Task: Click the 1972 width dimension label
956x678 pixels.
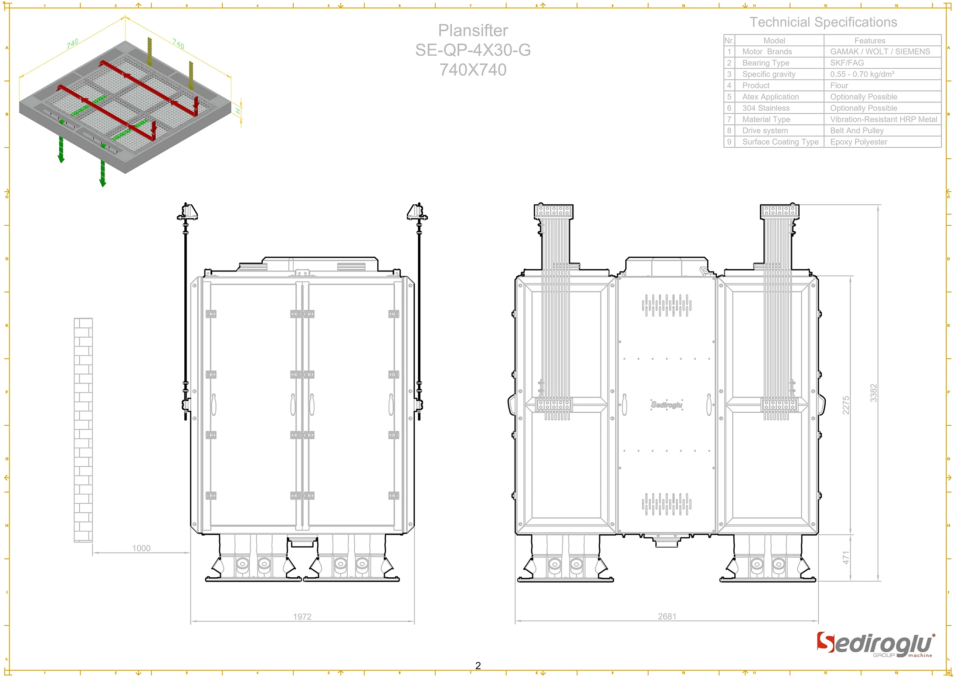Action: point(302,617)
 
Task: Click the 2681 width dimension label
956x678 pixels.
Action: point(667,617)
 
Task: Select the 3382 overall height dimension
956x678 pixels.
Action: point(873,393)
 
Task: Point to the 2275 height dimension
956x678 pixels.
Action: point(846,405)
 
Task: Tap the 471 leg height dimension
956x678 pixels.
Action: point(846,558)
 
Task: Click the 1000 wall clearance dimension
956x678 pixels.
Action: point(141,548)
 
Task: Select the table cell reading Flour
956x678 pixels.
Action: point(839,85)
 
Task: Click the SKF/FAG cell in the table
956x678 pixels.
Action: point(847,63)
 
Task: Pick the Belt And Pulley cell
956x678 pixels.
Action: point(857,130)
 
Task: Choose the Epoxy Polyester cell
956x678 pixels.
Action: point(858,142)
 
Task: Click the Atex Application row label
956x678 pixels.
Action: point(770,97)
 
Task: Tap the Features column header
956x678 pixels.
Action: point(870,41)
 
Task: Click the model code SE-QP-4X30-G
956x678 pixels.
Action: point(473,50)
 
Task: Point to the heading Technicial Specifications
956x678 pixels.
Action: point(823,22)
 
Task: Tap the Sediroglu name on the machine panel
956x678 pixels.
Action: point(667,405)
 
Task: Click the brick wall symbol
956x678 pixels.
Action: point(83,430)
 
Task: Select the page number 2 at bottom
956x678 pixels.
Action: point(478,665)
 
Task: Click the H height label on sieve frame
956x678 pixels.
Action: point(238,112)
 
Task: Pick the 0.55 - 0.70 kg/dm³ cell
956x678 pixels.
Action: point(862,74)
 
